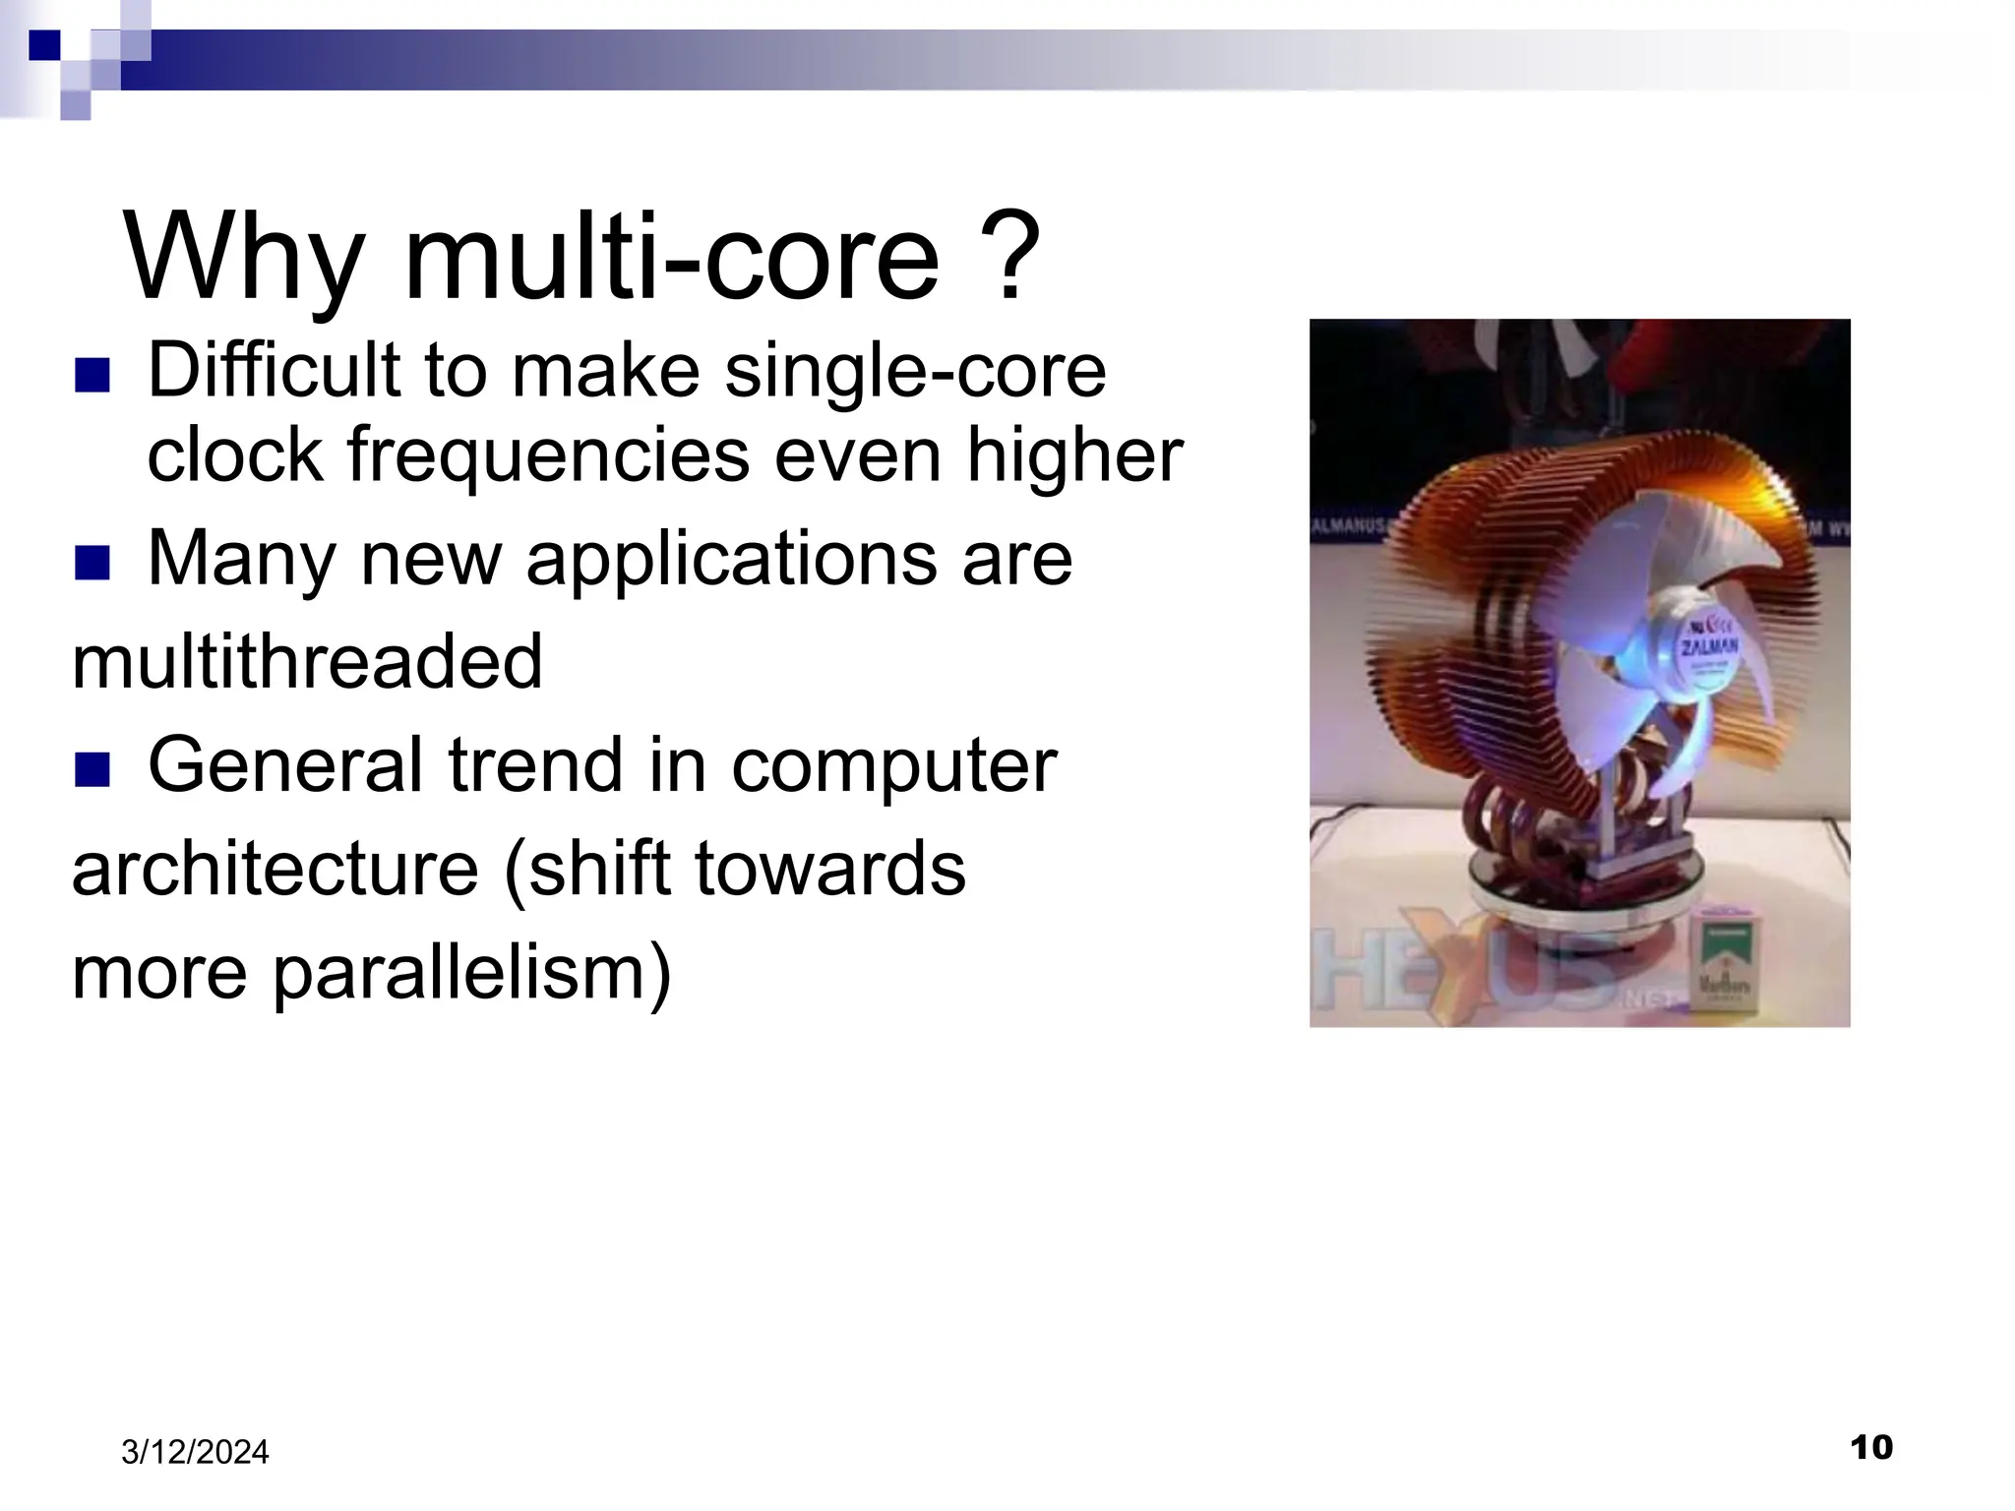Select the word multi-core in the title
click(672, 258)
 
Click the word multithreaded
click(307, 661)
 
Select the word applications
click(731, 559)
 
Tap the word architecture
click(275, 870)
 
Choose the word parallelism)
click(471, 972)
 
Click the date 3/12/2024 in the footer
click(195, 1452)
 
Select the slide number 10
click(1870, 1447)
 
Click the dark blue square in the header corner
click(44, 45)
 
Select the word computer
click(893, 765)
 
